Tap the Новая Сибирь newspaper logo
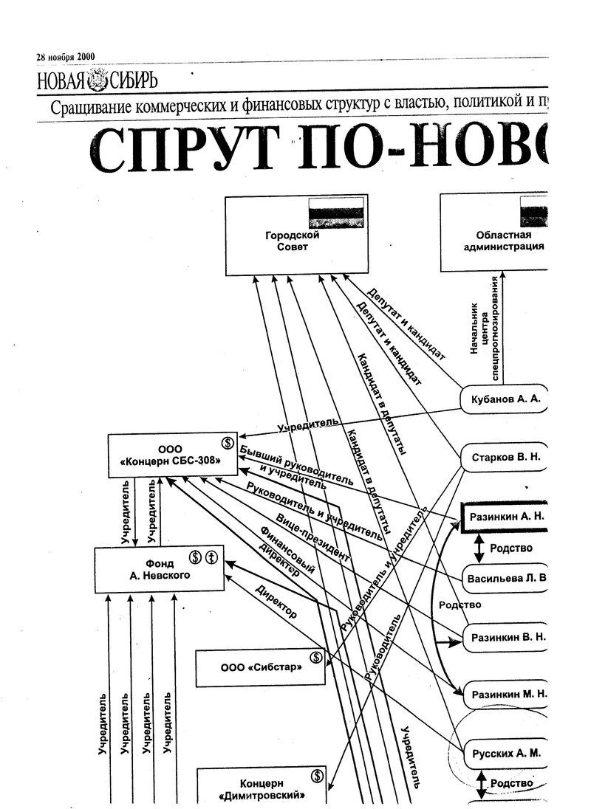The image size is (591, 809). pyautogui.click(x=96, y=80)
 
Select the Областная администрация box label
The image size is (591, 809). pyautogui.click(x=504, y=241)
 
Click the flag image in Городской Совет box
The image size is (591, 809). pyautogui.click(x=336, y=212)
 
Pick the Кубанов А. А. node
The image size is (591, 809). pyautogui.click(x=505, y=399)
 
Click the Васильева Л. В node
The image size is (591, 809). pyautogui.click(x=507, y=576)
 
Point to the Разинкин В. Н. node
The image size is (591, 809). pyautogui.click(x=507, y=636)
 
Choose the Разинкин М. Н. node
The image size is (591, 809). pyautogui.click(x=507, y=694)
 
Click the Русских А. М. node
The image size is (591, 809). pyautogui.click(x=505, y=754)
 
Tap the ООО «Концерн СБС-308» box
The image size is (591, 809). pyautogui.click(x=173, y=455)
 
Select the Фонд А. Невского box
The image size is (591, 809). pyautogui.click(x=160, y=569)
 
